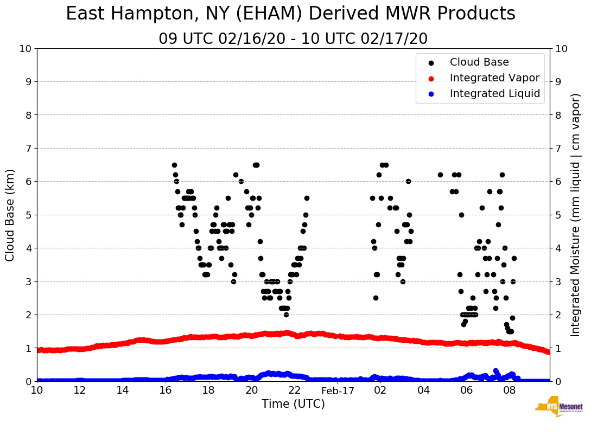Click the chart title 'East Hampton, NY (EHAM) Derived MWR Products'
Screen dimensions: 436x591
290,14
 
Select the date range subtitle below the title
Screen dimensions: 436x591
293,39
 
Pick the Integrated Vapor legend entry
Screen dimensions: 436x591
494,78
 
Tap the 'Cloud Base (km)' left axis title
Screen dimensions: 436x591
10,215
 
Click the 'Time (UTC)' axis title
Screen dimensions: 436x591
293,404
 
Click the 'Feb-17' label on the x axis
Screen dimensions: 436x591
338,390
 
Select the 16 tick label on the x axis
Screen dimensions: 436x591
166,390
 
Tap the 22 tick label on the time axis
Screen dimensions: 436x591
295,390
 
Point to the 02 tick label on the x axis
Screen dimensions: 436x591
380,390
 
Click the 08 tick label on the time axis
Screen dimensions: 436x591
509,390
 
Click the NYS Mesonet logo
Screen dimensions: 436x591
558,407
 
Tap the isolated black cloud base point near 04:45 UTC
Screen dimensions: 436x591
440,175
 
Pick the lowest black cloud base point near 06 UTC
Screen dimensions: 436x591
463,324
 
